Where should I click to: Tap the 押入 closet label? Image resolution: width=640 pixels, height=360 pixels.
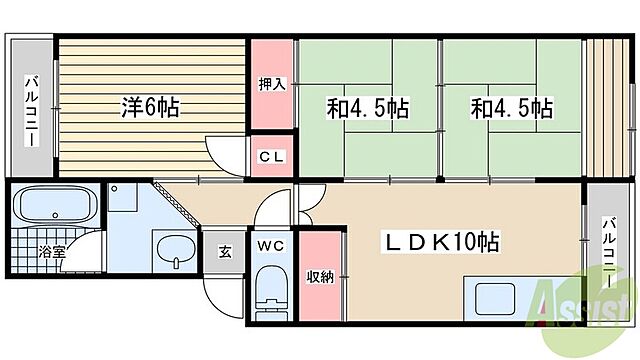(272, 84)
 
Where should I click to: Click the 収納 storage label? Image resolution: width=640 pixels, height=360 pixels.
(320, 276)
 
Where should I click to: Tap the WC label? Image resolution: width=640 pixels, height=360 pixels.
(271, 245)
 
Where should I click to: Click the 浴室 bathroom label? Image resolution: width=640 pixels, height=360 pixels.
(53, 252)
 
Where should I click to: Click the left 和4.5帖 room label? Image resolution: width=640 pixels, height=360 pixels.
(367, 108)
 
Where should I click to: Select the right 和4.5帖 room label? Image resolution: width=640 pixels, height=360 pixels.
(512, 108)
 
